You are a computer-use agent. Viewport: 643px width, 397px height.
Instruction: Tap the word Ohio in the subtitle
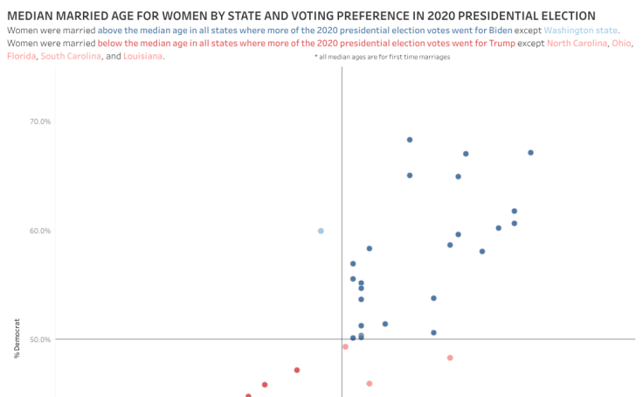click(621, 43)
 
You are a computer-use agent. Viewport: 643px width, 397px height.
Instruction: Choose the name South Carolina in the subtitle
click(71, 56)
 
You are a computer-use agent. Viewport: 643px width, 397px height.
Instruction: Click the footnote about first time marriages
click(382, 56)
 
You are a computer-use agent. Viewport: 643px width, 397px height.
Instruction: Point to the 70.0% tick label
click(40, 122)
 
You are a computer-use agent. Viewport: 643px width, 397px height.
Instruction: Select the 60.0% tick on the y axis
click(40, 231)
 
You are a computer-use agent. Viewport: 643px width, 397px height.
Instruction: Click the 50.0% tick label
click(40, 339)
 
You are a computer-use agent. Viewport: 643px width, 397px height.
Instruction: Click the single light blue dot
click(321, 231)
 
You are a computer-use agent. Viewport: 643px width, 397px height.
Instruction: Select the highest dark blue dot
click(410, 140)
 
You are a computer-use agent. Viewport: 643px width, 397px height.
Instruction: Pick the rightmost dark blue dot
click(530, 152)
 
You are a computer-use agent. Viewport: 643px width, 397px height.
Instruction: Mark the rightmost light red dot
click(450, 358)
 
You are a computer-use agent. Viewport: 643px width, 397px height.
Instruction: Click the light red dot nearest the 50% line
click(345, 346)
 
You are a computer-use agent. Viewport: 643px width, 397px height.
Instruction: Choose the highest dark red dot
click(297, 370)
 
